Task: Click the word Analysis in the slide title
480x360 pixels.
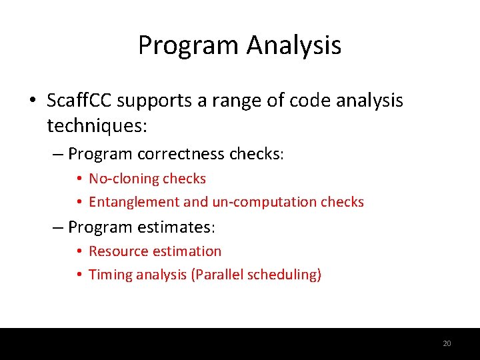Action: point(294,46)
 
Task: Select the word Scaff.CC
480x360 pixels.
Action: point(79,101)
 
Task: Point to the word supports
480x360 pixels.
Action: point(151,101)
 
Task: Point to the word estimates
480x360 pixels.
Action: point(178,227)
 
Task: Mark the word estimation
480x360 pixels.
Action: point(187,251)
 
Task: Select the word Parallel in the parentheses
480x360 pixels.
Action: point(217,274)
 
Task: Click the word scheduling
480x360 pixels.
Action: point(283,274)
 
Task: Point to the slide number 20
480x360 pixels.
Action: point(447,343)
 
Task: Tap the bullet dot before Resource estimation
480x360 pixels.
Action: point(79,252)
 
